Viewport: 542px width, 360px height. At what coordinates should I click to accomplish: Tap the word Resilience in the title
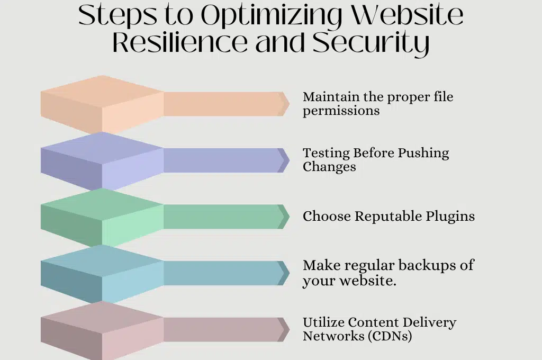(180, 42)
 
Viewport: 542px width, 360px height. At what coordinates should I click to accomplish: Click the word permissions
(341, 111)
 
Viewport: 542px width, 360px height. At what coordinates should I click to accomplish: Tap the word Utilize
(323, 322)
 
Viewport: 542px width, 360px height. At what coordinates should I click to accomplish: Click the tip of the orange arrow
(290, 104)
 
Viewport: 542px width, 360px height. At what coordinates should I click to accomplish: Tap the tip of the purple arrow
(290, 160)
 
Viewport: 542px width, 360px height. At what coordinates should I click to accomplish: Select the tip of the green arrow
(290, 217)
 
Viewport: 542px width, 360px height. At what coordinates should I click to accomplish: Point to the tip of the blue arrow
(290, 273)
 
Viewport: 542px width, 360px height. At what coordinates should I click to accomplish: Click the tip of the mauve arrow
(290, 330)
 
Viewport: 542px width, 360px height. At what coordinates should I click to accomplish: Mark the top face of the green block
(102, 204)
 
